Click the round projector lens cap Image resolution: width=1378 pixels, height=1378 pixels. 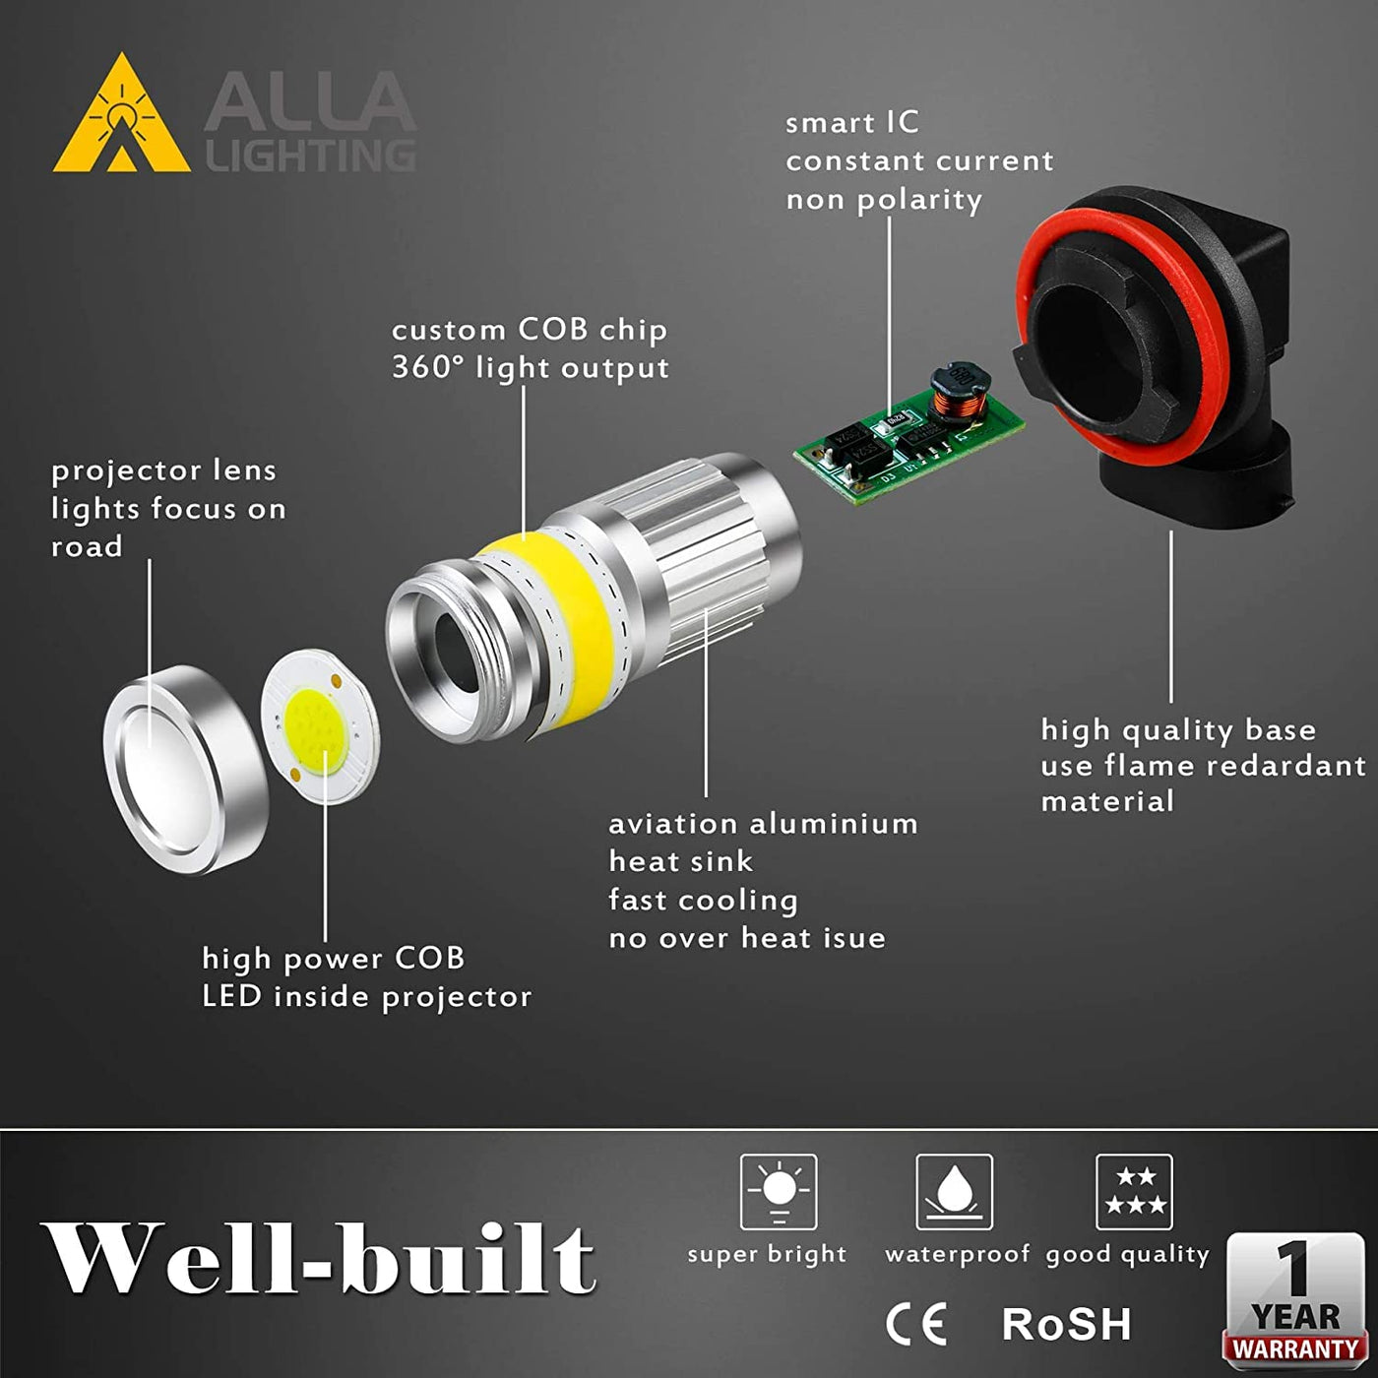pyautogui.click(x=186, y=770)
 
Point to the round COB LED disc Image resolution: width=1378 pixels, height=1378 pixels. pyautogui.click(x=320, y=728)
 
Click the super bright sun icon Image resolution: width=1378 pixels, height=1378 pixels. pyautogui.click(x=778, y=1191)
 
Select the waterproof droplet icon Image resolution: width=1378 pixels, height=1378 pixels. pyautogui.click(x=954, y=1191)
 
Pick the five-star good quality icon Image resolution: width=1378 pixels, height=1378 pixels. pyautogui.click(x=1134, y=1191)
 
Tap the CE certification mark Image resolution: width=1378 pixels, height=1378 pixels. pyautogui.click(x=916, y=1325)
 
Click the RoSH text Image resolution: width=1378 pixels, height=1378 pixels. pyautogui.click(x=1066, y=1325)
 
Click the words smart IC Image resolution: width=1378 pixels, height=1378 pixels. pyautogui.click(x=851, y=123)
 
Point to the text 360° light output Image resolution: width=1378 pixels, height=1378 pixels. pyautogui.click(x=530, y=368)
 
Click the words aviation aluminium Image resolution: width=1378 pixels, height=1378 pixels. pyautogui.click(x=763, y=824)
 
